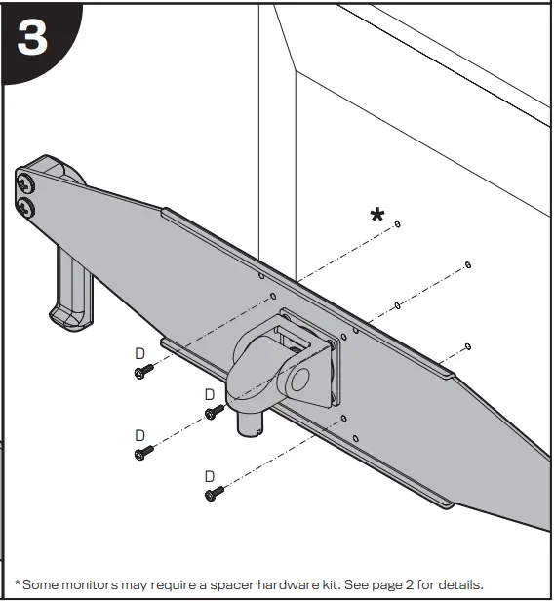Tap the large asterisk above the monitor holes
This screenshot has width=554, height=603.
point(377,216)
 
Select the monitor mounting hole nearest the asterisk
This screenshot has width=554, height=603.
point(399,225)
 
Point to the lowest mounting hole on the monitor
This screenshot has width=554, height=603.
point(469,345)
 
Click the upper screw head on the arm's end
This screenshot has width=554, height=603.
point(24,181)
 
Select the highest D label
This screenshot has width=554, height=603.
point(139,351)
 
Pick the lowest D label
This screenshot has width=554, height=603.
point(209,475)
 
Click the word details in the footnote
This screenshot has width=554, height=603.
point(458,584)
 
